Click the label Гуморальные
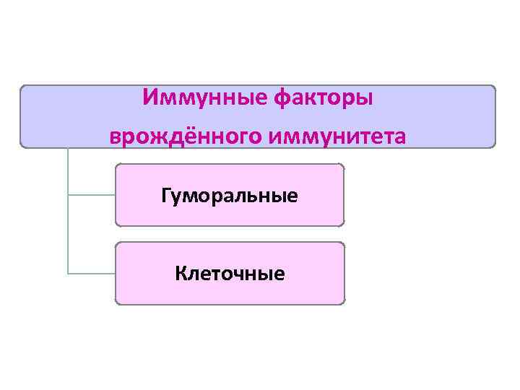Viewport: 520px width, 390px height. [x=230, y=195]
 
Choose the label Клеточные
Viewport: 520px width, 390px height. [x=230, y=274]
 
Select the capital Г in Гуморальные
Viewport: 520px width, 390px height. [x=167, y=194]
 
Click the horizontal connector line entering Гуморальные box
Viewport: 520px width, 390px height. [x=91, y=195]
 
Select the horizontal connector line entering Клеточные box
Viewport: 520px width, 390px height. [x=91, y=274]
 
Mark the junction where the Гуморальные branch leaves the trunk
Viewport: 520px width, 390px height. [x=68, y=195]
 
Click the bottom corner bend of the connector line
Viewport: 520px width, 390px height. [x=68, y=274]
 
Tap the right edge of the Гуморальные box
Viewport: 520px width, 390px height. [x=344, y=195]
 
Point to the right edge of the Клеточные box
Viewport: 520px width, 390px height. [x=344, y=274]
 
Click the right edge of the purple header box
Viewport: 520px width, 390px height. [x=495, y=116]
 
